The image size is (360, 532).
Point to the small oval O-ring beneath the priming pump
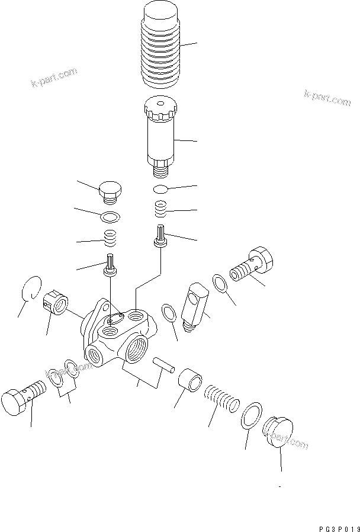pos(160,189)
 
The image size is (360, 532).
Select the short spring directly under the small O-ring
pos(160,209)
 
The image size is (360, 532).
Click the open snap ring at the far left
pos(30,288)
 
